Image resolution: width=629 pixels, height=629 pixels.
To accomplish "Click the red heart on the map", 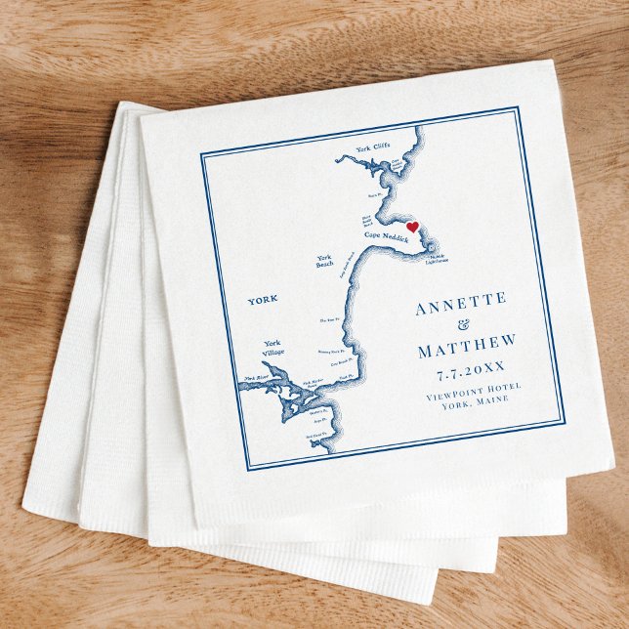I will coord(412,228).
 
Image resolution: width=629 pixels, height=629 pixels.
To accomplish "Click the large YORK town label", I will coord(263,299).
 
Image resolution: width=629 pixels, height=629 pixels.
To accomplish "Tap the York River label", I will coord(256,377).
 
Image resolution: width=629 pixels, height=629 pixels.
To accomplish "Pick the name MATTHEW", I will coord(466,348).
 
